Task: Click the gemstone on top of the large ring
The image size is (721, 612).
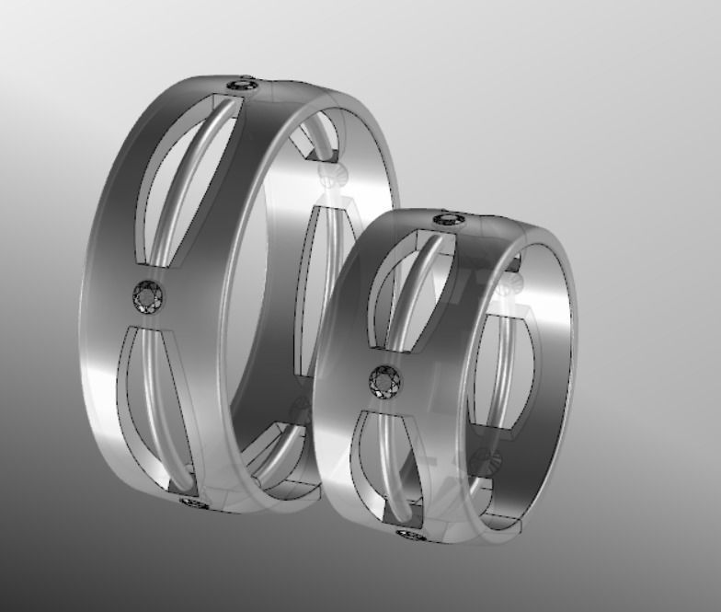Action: pyautogui.click(x=242, y=85)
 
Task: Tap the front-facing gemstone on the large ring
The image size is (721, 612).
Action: pyautogui.click(x=147, y=296)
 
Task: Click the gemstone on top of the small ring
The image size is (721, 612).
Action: pyautogui.click(x=449, y=219)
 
